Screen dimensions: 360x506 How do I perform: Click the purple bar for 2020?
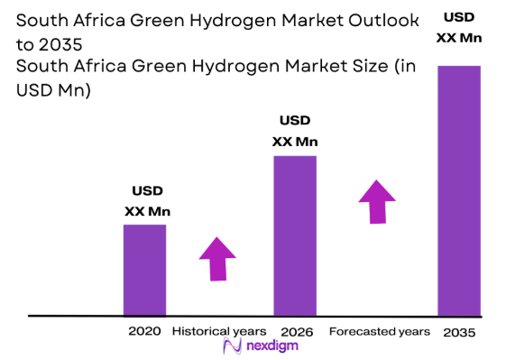click(x=144, y=270)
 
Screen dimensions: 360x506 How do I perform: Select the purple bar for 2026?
click(x=294, y=235)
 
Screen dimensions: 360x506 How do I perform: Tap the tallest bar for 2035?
click(x=458, y=190)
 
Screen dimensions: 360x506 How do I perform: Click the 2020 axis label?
click(x=144, y=331)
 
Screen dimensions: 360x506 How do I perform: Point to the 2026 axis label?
click(x=297, y=331)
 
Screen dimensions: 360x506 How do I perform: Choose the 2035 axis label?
click(x=459, y=332)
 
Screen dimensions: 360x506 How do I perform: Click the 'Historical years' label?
click(x=219, y=331)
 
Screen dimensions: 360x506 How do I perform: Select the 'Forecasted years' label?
click(x=380, y=331)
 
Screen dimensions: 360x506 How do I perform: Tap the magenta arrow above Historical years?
click(x=217, y=259)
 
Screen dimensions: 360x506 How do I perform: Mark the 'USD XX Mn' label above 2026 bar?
click(x=295, y=131)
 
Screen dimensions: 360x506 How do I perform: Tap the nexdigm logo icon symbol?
click(x=229, y=347)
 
